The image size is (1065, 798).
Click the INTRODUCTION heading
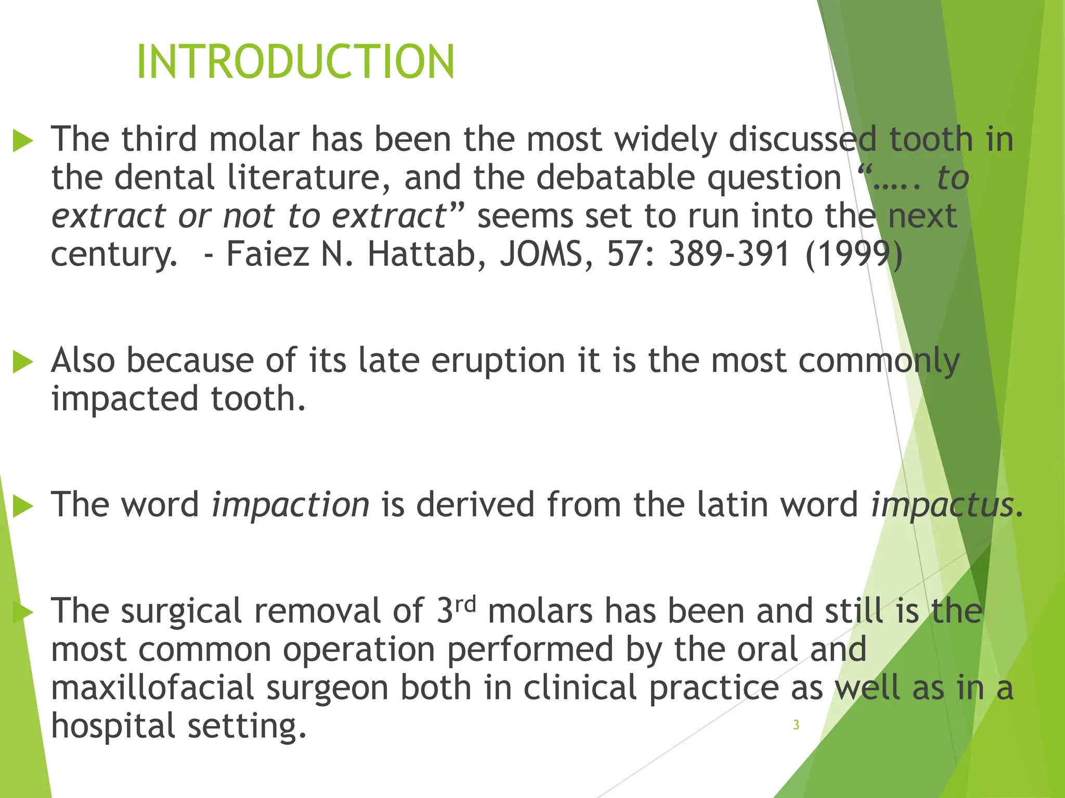295,62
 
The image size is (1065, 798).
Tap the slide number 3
796,725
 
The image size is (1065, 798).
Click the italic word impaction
290,504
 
